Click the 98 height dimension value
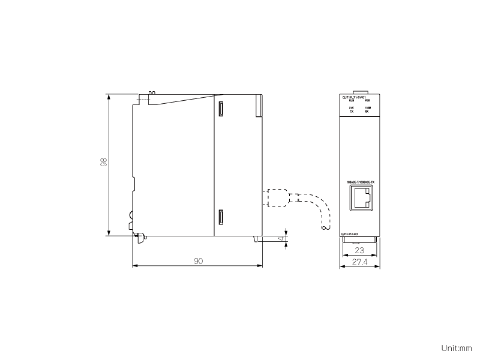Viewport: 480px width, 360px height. click(103, 162)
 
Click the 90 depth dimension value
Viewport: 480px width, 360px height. click(197, 261)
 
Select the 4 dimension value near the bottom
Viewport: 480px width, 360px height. click(281, 239)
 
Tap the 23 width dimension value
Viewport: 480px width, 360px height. click(359, 251)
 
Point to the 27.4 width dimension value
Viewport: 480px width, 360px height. click(359, 263)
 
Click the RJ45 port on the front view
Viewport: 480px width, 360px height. click(361, 197)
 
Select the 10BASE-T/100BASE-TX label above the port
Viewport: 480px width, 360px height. click(361, 182)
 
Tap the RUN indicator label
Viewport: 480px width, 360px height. click(352, 101)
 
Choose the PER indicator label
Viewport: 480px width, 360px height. click(367, 101)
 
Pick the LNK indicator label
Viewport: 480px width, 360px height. click(352, 108)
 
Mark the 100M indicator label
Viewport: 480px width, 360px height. click(367, 108)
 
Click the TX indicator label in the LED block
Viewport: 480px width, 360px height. click(352, 112)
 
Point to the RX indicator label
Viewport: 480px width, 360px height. click(367, 112)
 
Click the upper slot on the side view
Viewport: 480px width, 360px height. click(221, 109)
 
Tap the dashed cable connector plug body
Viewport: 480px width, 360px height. click(276, 198)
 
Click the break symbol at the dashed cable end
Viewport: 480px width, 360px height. click(326, 227)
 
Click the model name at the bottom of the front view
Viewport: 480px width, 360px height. click(349, 234)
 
